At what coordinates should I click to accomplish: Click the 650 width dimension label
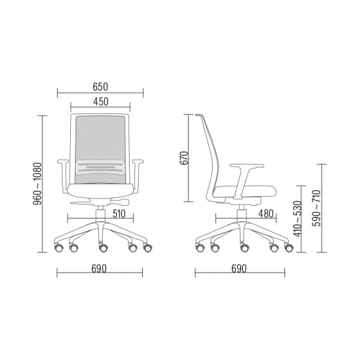click(x=100, y=87)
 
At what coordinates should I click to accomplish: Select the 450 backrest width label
click(x=101, y=102)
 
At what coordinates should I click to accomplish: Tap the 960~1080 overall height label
click(x=37, y=184)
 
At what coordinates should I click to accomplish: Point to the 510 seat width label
click(x=119, y=214)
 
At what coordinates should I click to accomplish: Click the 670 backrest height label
click(x=184, y=158)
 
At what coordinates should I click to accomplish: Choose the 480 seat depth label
click(x=266, y=214)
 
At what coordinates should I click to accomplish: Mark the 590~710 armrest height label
click(x=317, y=208)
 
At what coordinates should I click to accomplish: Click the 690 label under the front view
click(x=99, y=269)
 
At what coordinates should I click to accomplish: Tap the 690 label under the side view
click(x=239, y=269)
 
